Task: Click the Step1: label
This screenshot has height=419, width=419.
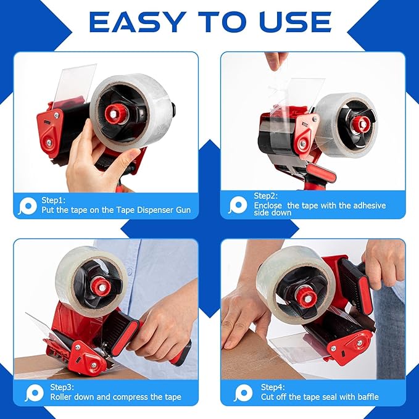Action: point(57,200)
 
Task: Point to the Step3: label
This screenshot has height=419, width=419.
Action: point(58,387)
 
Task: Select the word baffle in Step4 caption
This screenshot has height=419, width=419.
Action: point(366,397)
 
